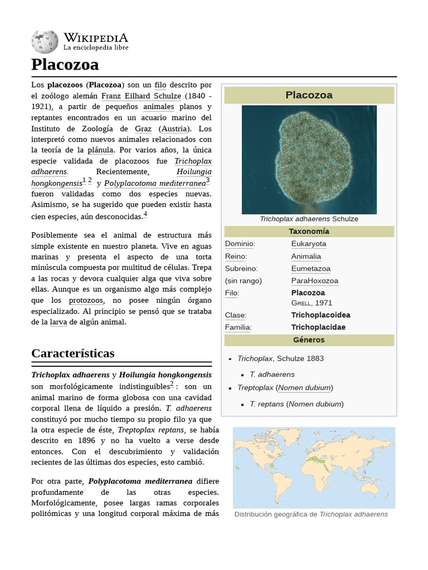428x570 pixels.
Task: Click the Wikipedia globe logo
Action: [x=45, y=42]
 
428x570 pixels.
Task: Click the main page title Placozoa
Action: [x=65, y=65]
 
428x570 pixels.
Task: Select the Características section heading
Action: [x=72, y=353]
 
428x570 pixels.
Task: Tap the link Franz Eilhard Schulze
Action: [x=141, y=96]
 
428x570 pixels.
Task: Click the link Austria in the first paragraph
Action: [x=174, y=129]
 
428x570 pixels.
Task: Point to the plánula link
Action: [x=100, y=150]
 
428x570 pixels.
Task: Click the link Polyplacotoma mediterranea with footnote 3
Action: [x=155, y=183]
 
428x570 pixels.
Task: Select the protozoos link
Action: [x=86, y=301]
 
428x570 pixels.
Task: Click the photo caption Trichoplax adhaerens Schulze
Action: [x=309, y=219]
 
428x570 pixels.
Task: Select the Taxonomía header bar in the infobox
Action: [x=309, y=232]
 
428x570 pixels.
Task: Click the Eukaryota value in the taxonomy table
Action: [x=309, y=244]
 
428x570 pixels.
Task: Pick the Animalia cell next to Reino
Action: [x=306, y=257]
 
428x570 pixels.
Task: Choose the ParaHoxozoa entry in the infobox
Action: [x=314, y=281]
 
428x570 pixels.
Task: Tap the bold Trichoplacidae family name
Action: [x=318, y=327]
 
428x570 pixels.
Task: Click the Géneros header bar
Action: [x=309, y=340]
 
